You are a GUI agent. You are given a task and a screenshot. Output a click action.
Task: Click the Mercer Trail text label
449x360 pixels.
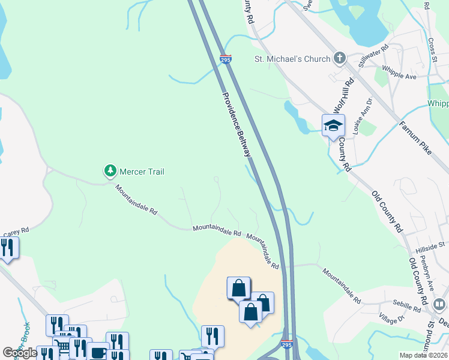click(x=142, y=172)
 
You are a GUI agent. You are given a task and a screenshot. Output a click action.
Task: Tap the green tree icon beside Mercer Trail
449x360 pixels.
click(x=110, y=171)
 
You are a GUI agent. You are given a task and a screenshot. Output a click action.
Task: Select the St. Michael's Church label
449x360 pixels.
click(x=293, y=59)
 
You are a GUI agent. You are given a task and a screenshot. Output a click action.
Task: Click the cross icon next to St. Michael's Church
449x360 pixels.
click(x=340, y=58)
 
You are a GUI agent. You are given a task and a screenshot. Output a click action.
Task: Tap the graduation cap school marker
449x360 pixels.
click(x=333, y=126)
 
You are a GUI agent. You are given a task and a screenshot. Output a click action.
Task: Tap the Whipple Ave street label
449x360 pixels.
click(x=399, y=73)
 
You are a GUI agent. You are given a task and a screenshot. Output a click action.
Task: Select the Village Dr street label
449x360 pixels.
click(x=393, y=320)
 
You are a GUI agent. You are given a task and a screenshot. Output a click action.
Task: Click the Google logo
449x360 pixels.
click(x=20, y=352)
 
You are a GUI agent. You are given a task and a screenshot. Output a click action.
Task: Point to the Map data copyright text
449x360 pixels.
click(x=423, y=355)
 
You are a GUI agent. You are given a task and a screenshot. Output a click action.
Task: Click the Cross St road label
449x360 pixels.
click(x=433, y=51)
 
